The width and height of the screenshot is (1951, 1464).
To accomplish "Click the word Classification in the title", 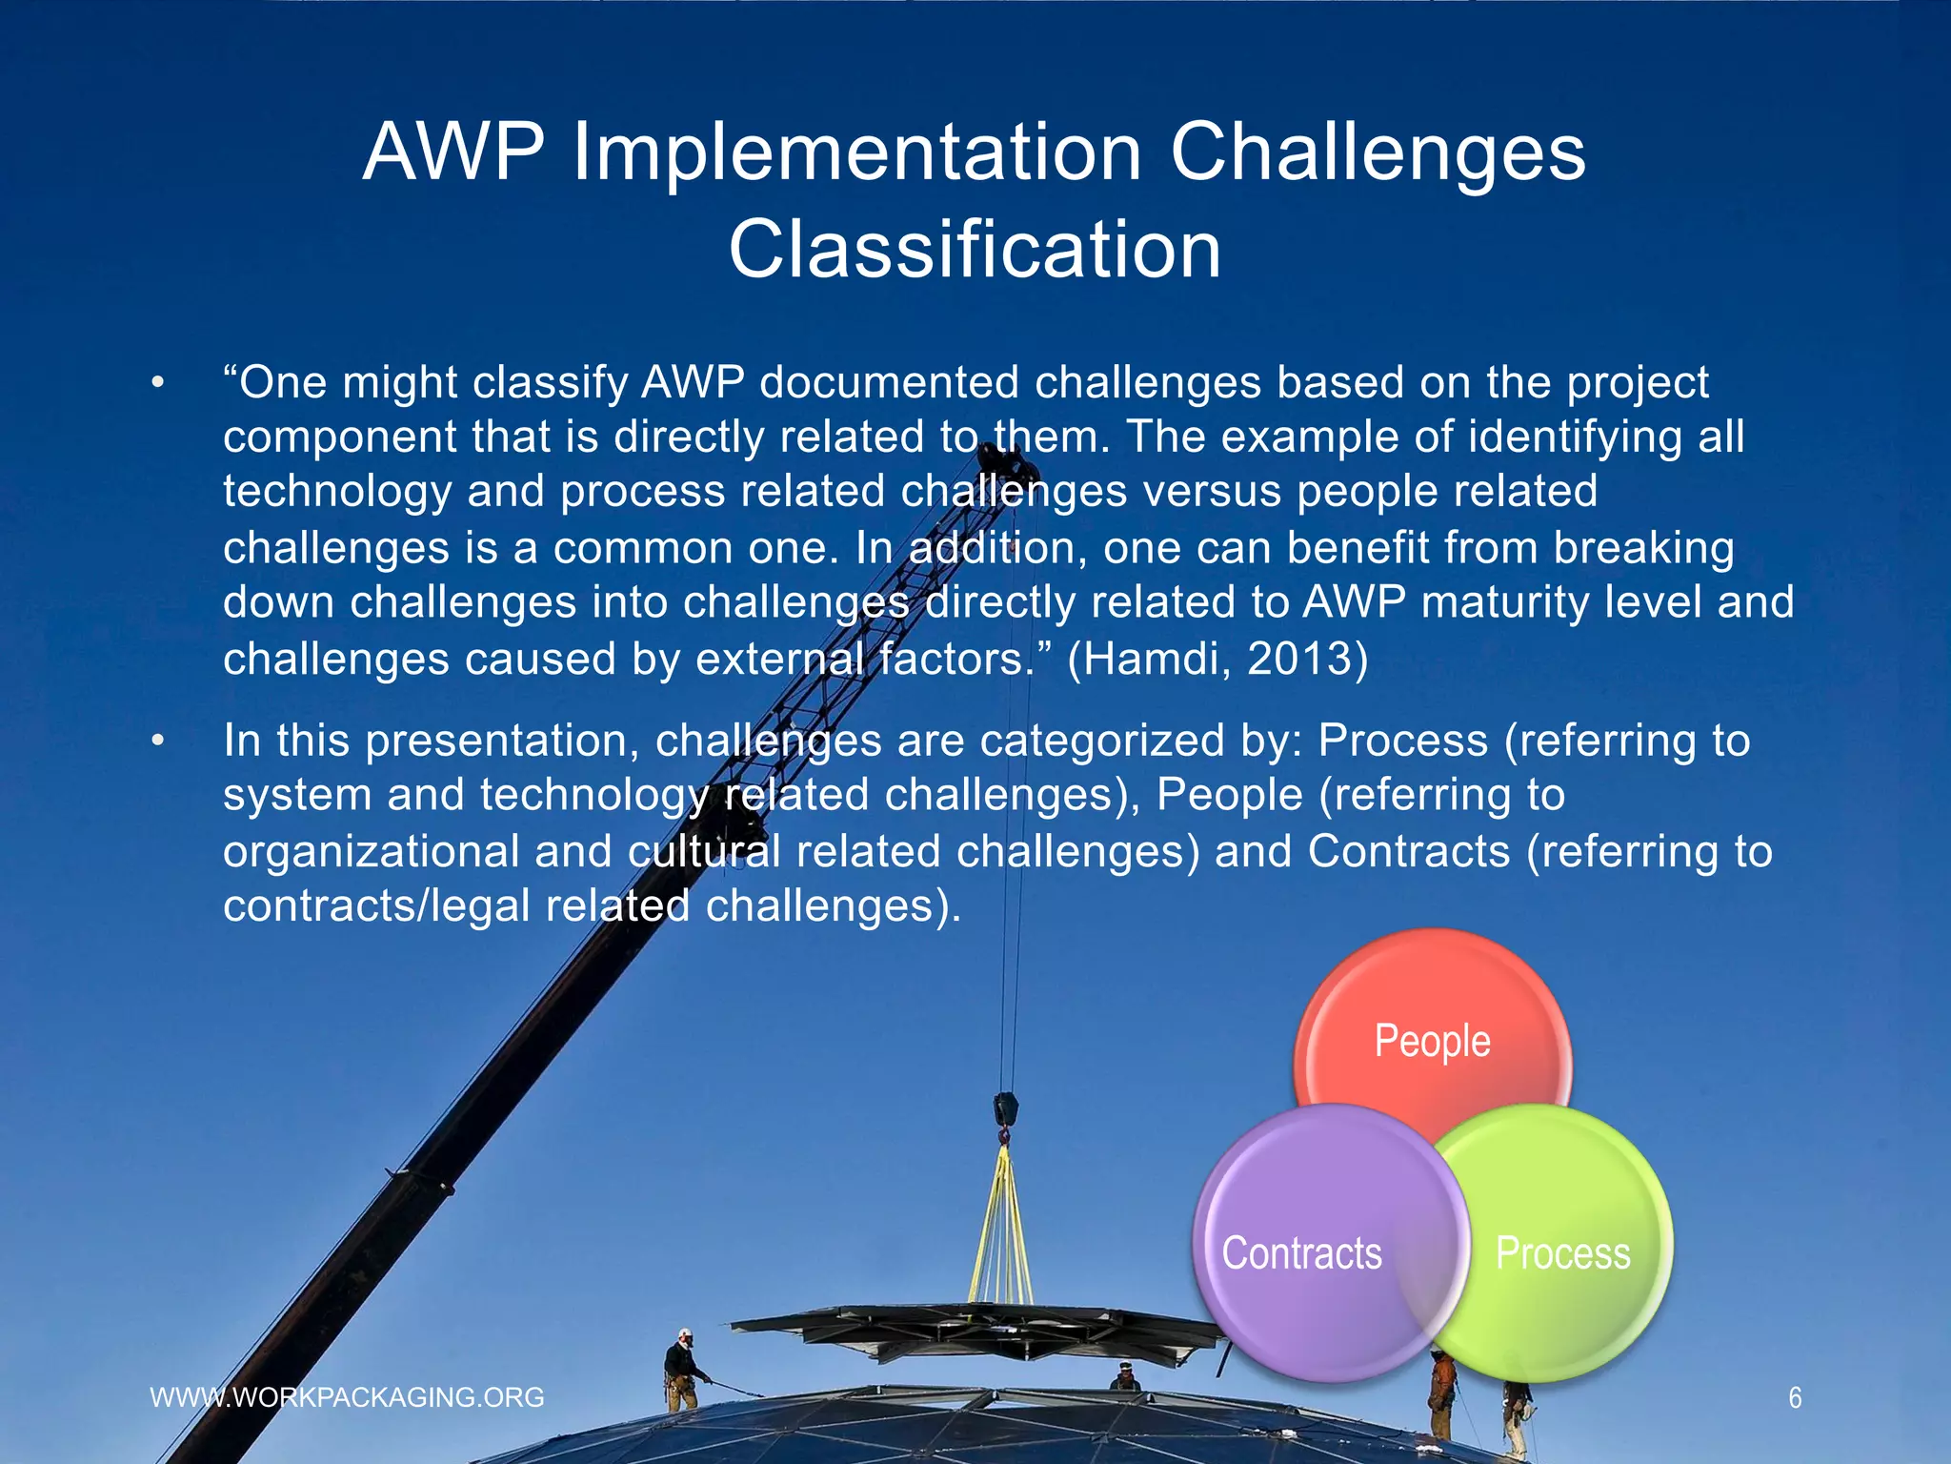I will [975, 250].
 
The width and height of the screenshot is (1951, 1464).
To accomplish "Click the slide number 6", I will [1795, 1398].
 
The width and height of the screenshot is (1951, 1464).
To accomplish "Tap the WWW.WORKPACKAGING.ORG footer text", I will [348, 1397].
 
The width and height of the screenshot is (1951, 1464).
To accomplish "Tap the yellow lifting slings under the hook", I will [1000, 1230].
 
